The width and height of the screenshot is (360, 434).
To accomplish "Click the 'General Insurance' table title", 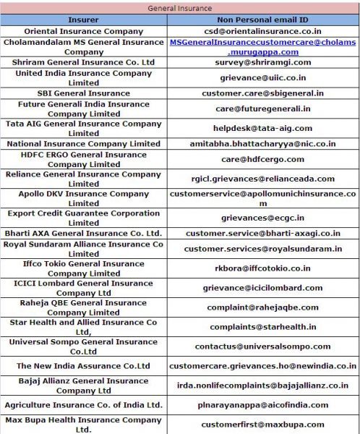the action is click(x=180, y=8).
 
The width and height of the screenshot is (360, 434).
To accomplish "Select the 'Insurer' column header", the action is click(x=83, y=20).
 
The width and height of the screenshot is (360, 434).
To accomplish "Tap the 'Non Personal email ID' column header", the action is click(x=262, y=20).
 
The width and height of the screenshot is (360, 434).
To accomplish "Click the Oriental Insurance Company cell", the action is click(x=83, y=31).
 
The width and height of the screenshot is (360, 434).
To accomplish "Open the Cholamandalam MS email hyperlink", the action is click(x=263, y=47).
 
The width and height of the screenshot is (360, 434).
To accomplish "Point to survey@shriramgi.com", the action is click(x=263, y=62).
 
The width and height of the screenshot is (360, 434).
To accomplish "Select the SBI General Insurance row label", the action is click(x=83, y=93).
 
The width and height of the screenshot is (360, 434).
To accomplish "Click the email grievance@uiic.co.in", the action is click(x=263, y=77).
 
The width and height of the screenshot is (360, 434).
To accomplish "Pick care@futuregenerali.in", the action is click(x=263, y=109).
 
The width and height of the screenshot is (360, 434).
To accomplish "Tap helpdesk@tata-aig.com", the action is click(x=263, y=128).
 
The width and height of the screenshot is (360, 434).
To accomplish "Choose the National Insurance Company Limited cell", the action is click(x=83, y=144).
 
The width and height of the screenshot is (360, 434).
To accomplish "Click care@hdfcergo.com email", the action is click(x=263, y=159).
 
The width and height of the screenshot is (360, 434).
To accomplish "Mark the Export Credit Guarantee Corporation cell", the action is click(x=83, y=218).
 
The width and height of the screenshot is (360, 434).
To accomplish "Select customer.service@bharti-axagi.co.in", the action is click(x=263, y=234).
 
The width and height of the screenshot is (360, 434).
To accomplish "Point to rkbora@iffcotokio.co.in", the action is click(x=263, y=268).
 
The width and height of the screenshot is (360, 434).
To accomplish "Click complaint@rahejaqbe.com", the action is click(x=263, y=307).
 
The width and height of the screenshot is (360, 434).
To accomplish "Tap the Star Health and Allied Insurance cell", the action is click(x=83, y=327).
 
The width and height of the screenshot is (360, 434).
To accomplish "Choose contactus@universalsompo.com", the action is click(x=263, y=346).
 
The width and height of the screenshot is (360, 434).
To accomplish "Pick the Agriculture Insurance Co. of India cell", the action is click(x=83, y=405).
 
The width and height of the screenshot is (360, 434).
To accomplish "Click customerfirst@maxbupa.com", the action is click(x=263, y=425).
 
